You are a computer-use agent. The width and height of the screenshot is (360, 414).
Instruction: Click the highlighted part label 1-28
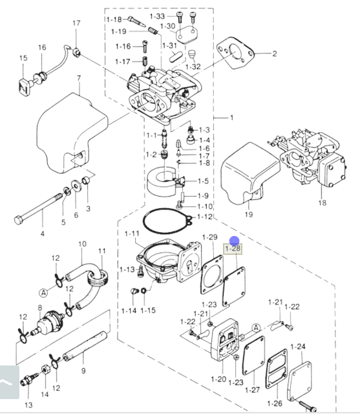[233, 248]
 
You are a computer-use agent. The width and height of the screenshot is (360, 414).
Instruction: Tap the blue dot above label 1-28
[234, 241]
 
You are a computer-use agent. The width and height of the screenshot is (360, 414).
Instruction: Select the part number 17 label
[76, 23]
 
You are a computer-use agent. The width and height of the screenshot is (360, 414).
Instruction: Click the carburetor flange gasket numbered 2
[235, 53]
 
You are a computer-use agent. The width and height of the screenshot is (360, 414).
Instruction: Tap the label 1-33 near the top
[157, 16]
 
